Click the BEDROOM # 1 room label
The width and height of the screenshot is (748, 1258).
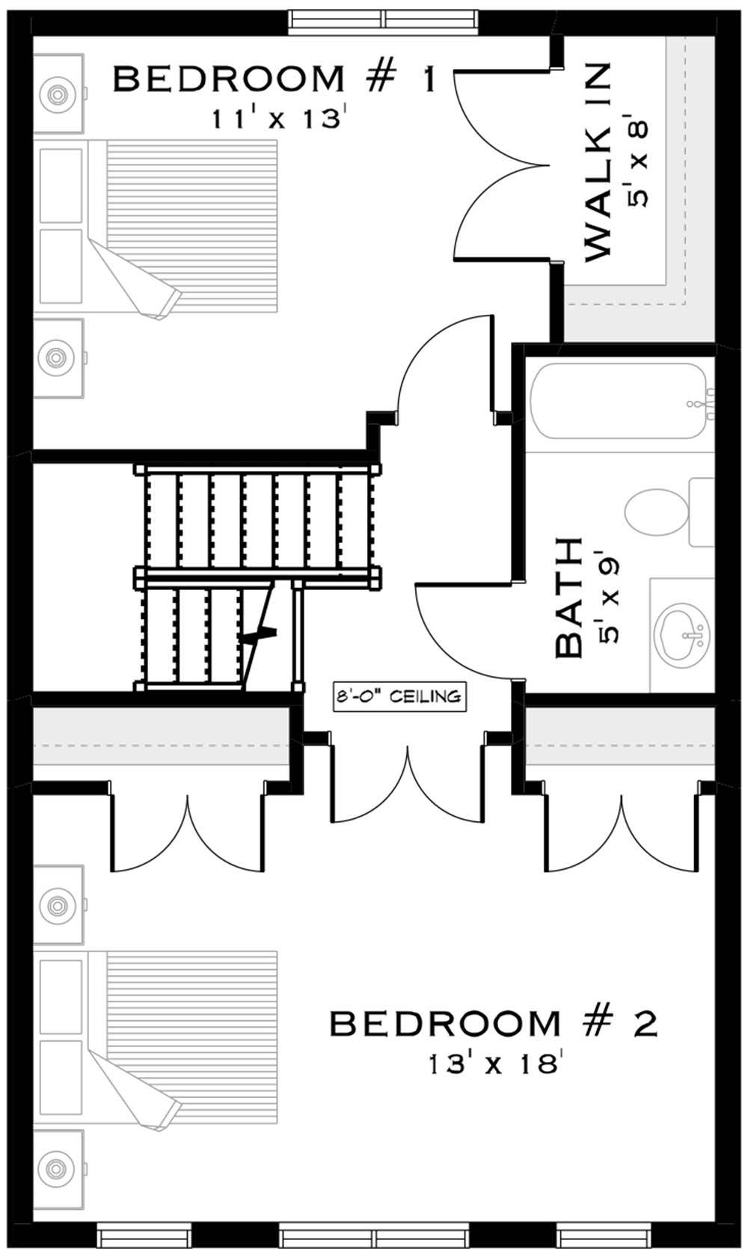(274, 79)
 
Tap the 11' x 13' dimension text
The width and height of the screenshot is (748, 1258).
(278, 117)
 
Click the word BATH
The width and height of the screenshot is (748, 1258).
(569, 598)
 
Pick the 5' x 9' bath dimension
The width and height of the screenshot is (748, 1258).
(608, 598)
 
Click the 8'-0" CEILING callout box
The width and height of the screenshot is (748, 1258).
(399, 697)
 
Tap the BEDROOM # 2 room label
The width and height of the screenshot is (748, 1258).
(493, 1024)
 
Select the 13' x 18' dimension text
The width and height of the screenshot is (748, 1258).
(494, 1063)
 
